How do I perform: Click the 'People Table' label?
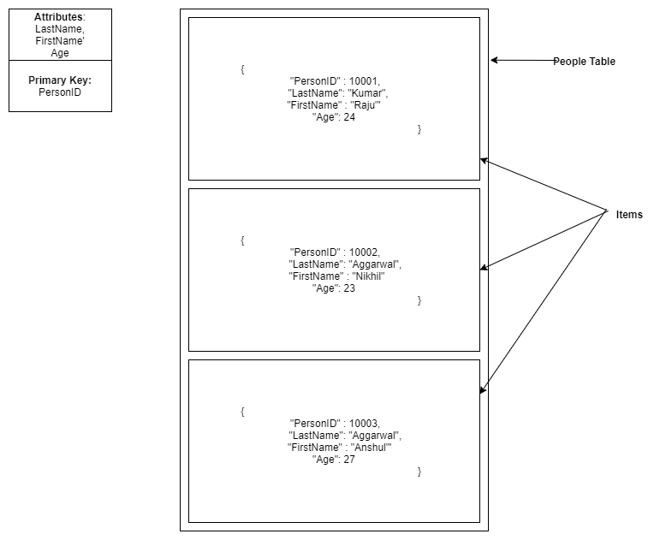[x=584, y=62]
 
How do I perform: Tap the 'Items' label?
[x=629, y=215]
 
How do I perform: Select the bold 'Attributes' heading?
[x=58, y=17]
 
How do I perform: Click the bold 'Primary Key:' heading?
[x=60, y=80]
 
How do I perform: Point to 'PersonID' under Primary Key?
[x=60, y=92]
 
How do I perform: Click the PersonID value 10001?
[x=365, y=81]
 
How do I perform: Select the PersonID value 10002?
[x=365, y=252]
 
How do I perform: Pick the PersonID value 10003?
[x=365, y=424]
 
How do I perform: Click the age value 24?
[x=349, y=117]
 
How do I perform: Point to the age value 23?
[x=349, y=288]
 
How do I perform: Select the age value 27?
[x=349, y=460]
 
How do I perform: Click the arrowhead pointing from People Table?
[x=495, y=61]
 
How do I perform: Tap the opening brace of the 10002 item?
[x=243, y=240]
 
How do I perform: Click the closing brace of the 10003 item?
[x=419, y=472]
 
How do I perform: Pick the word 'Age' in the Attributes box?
[x=60, y=53]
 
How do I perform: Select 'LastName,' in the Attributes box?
[x=60, y=29]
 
